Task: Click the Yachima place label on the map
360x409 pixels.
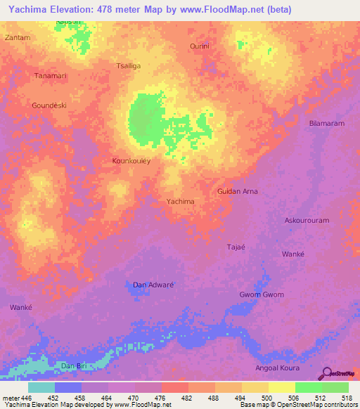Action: click(x=180, y=202)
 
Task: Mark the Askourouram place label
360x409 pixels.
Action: click(x=307, y=221)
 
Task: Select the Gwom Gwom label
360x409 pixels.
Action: click(x=262, y=294)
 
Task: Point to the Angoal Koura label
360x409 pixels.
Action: click(x=277, y=368)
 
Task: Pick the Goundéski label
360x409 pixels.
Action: click(x=49, y=105)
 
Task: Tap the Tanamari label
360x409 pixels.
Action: click(x=50, y=76)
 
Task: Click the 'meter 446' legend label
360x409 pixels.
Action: click(x=16, y=397)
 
